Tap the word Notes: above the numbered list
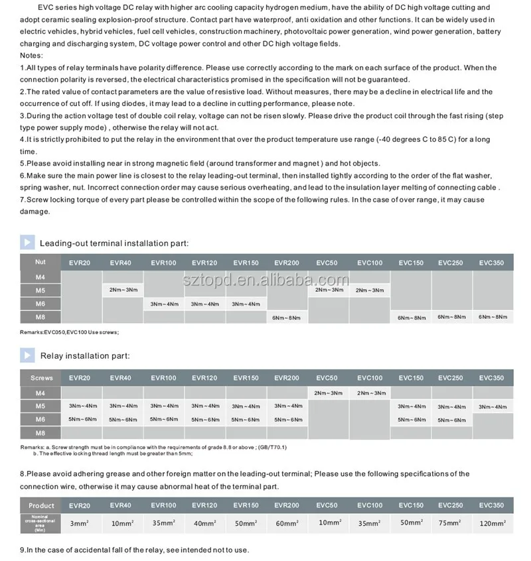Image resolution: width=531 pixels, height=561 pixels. coord(32,55)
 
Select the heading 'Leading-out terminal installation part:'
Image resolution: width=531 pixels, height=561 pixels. coord(114,243)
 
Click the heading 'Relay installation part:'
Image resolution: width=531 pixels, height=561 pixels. coord(84,356)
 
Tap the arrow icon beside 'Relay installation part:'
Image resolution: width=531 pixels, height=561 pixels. coord(27,355)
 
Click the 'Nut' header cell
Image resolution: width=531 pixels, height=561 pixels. coord(40,262)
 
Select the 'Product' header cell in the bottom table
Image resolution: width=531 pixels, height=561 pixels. coord(41,505)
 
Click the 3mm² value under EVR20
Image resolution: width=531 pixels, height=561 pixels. coord(80,523)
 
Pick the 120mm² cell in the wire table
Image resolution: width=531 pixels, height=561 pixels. coord(492,523)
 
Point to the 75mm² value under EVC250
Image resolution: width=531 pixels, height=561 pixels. coord(451,523)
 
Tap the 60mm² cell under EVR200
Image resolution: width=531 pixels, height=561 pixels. coord(287,523)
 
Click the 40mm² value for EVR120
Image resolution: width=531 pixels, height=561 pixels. coord(204,523)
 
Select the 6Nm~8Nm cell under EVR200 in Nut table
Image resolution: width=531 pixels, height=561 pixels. coord(287,318)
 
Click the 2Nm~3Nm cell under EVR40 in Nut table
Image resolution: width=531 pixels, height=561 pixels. coord(123,290)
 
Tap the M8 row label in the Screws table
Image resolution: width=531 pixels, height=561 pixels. coord(40,432)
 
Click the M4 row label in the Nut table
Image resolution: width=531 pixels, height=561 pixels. coord(40,277)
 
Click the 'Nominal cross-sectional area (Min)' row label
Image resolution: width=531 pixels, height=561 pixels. coord(41,523)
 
